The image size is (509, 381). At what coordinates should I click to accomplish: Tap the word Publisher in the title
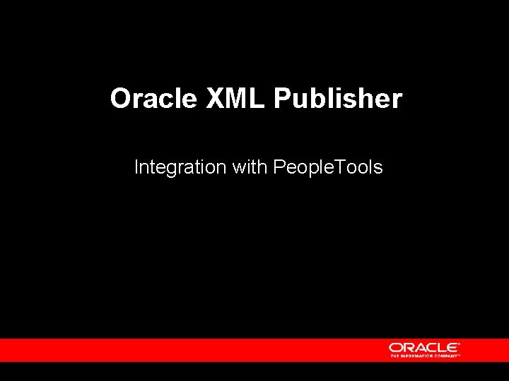337,99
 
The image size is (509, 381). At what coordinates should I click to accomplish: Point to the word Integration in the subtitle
180,168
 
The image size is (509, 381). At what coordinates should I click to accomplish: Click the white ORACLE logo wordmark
423,347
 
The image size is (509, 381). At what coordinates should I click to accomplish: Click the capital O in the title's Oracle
121,99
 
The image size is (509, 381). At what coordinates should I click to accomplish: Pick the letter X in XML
214,99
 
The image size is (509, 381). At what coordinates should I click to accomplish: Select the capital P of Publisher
281,99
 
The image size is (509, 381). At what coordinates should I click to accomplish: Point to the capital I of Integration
136,168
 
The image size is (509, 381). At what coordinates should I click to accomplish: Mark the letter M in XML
235,99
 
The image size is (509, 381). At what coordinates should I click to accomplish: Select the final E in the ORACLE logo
452,347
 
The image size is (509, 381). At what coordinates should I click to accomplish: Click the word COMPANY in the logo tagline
446,356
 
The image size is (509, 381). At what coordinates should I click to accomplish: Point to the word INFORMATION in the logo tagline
417,356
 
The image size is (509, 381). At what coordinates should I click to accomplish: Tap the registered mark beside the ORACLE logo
460,344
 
